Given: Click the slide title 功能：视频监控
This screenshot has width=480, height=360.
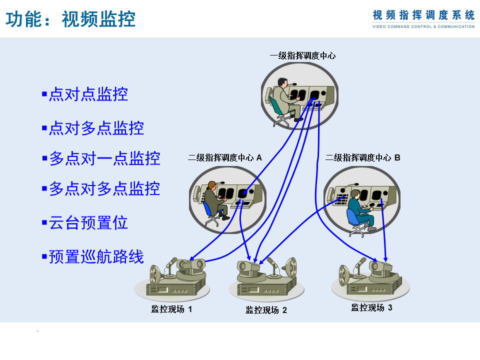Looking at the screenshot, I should coord(71,19).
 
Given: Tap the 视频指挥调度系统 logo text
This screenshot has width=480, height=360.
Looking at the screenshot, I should coord(423,15).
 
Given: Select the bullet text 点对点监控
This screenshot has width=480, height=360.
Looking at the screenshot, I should coord(88,94).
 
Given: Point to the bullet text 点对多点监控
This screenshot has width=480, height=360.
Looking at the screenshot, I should coord(96,128).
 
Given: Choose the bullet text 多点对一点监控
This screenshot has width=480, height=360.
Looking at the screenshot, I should coord(104,158).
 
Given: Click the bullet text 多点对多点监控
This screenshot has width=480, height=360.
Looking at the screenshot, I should coord(104,188).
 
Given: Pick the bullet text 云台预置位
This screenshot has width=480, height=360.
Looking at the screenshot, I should coord(88,222).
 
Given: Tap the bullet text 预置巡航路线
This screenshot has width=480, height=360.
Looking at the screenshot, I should coord(96,256).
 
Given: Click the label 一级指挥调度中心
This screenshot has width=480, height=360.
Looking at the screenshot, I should coord(302,55).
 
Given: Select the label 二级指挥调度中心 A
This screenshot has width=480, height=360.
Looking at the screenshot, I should coord(225,157).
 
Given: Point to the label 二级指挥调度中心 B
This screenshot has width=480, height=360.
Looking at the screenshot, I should coord(363,157).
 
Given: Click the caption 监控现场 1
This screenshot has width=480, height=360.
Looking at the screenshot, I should coord(171,309).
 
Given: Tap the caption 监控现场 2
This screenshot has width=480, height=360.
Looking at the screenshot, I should coord(266,310).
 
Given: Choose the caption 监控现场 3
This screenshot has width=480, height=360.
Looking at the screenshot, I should coord(371,307).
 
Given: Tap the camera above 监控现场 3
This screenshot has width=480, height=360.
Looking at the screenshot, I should coord(381,268).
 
